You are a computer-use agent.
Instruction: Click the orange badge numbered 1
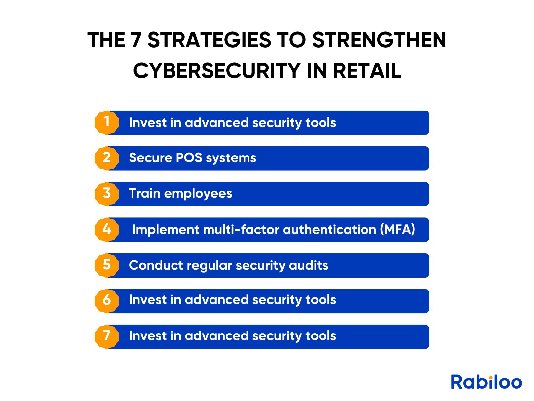coord(106,122)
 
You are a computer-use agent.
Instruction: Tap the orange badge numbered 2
coord(106,158)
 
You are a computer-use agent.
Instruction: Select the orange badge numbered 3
coord(106,194)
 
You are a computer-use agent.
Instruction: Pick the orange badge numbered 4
coord(106,229)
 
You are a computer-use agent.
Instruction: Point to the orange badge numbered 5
coord(106,265)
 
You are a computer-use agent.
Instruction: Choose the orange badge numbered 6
coord(106,301)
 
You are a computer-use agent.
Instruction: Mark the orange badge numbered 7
coord(106,336)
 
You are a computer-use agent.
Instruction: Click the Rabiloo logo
coord(486,381)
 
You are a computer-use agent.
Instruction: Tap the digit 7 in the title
coord(136,40)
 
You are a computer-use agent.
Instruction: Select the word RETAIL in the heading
coord(367,70)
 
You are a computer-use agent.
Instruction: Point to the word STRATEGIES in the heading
coord(209,40)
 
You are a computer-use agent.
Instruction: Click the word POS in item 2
coord(189,157)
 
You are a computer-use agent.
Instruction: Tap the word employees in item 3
coord(198,194)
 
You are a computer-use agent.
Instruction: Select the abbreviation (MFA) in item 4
coord(397,229)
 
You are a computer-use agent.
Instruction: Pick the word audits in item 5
coord(309,265)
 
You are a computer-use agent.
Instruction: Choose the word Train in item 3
coord(144,193)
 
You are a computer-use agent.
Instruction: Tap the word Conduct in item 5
coord(156,265)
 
